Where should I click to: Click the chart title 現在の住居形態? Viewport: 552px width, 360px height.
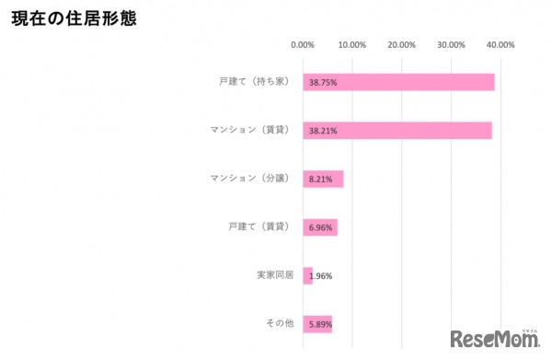tap(73, 17)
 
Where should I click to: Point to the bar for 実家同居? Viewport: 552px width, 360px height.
tap(307, 275)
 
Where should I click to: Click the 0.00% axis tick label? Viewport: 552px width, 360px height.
tap(302, 44)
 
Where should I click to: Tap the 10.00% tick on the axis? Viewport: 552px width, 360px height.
tap(352, 44)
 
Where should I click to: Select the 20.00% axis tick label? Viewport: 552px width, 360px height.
tap(402, 44)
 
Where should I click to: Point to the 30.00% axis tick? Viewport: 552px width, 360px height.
tap(452, 44)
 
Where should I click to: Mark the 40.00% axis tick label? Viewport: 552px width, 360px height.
tap(500, 44)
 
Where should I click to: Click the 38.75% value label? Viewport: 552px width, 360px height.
tap(323, 83)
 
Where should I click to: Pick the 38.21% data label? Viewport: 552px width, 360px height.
tap(323, 131)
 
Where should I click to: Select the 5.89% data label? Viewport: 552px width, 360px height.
tap(321, 324)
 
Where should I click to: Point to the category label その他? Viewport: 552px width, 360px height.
tap(278, 323)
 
